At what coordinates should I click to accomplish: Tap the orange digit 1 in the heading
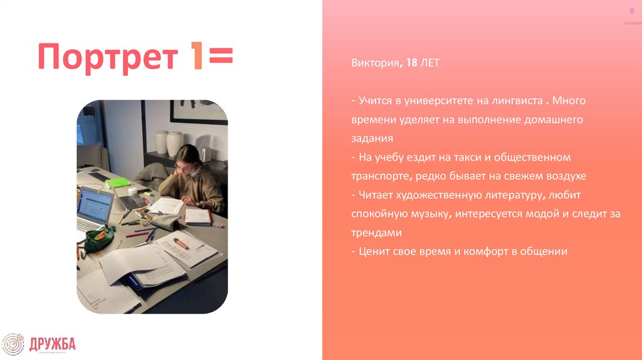pyautogui.click(x=196, y=57)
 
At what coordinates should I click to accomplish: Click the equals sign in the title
pyautogui.click(x=219, y=57)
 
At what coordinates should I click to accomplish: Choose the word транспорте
pyautogui.click(x=379, y=176)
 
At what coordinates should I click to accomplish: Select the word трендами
pyautogui.click(x=376, y=233)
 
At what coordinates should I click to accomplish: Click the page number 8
pyautogui.click(x=631, y=13)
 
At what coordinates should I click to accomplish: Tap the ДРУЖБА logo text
pyautogui.click(x=52, y=343)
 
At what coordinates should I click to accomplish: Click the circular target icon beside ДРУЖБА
pyautogui.click(x=13, y=344)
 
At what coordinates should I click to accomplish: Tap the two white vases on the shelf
pyautogui.click(x=169, y=143)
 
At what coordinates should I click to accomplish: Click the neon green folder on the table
pyautogui.click(x=117, y=183)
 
